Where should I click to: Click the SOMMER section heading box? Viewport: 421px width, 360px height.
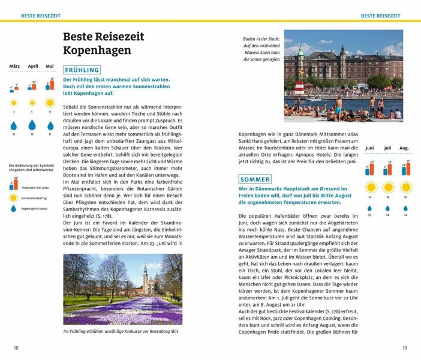point(255,179)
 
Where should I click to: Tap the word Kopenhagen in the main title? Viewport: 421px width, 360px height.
point(97,50)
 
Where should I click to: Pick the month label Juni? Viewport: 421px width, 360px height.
point(369,148)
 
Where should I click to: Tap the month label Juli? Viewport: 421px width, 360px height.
point(387,148)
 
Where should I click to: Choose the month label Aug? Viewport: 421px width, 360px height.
point(404,148)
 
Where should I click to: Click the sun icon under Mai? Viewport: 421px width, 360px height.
point(50,103)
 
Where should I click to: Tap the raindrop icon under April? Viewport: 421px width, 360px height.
point(32,125)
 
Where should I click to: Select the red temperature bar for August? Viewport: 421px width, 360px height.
point(408,170)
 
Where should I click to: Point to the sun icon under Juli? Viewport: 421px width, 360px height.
point(387,187)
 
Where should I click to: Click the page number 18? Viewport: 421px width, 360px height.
point(16,347)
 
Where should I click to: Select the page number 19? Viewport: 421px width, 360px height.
point(404,347)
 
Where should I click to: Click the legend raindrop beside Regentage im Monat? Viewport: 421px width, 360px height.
point(13,208)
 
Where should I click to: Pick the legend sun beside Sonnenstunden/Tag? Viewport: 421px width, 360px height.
point(13,196)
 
